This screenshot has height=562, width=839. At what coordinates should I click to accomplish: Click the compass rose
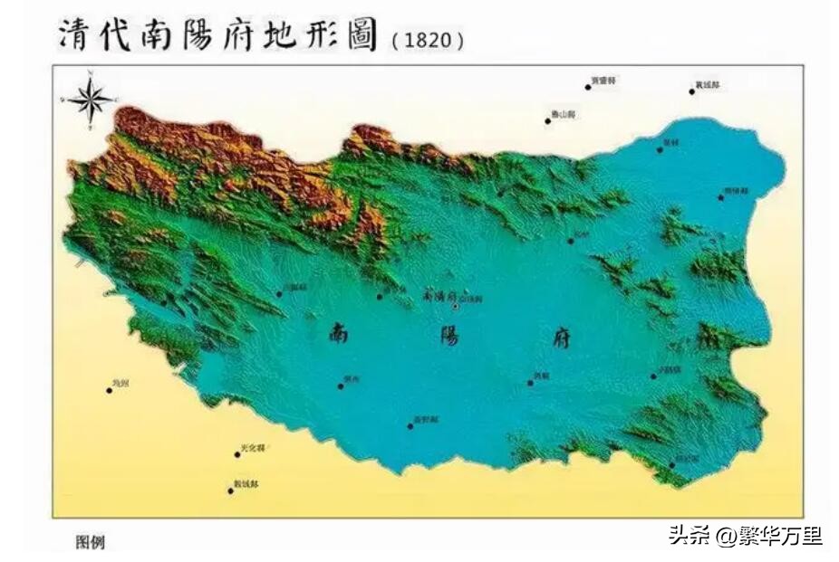91,99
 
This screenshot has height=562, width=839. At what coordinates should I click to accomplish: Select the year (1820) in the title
429,41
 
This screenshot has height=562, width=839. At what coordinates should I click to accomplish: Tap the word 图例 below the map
90,542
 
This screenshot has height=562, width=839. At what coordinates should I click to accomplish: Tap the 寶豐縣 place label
604,81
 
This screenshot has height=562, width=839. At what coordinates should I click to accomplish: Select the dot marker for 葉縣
660,149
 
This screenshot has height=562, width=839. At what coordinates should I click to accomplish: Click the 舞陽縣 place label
738,191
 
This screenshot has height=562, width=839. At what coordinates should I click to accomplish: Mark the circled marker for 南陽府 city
456,306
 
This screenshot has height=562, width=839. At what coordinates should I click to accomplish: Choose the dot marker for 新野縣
410,425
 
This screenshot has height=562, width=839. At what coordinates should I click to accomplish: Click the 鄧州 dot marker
341,386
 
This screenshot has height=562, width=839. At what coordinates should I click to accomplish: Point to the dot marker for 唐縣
530,383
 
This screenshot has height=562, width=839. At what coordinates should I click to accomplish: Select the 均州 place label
121,385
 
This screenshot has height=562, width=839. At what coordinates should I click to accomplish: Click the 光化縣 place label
254,448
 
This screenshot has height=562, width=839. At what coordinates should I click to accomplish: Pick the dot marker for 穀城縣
230,491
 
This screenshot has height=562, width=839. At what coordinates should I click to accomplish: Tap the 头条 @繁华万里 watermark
746,536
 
